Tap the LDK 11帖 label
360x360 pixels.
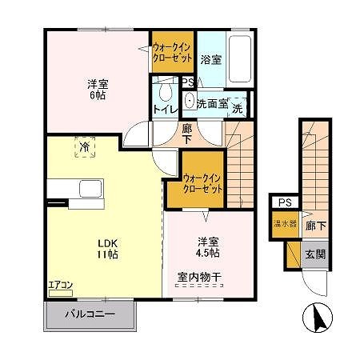pyautogui.click(x=108, y=249)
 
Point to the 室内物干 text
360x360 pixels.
pyautogui.click(x=200, y=278)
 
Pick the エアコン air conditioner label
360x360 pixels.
pyautogui.click(x=60, y=284)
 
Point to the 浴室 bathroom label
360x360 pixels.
pyautogui.click(x=210, y=59)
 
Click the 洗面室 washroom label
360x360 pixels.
pyautogui.click(x=212, y=103)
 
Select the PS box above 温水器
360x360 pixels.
pyautogui.click(x=285, y=204)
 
